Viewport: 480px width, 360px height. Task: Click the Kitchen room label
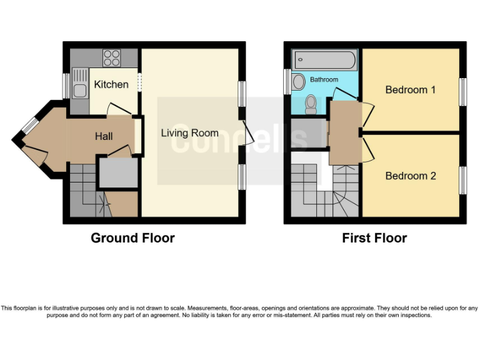click(111, 84)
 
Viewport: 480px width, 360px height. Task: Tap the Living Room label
click(189, 133)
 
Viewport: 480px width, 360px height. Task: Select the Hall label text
click(104, 136)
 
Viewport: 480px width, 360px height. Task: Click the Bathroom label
click(324, 80)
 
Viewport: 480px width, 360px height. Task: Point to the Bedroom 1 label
click(410, 90)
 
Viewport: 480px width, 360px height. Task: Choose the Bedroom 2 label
click(410, 176)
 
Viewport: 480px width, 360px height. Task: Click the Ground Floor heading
click(132, 238)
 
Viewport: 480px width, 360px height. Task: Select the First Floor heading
click(374, 238)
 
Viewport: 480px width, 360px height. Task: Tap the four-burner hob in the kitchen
click(112, 58)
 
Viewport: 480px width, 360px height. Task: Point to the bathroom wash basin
click(298, 81)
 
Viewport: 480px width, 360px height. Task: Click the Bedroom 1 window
click(463, 91)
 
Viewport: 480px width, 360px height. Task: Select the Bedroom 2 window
click(463, 179)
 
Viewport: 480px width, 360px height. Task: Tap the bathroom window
click(287, 81)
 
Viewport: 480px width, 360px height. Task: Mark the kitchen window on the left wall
click(66, 86)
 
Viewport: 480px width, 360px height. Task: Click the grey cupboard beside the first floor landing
click(308, 132)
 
